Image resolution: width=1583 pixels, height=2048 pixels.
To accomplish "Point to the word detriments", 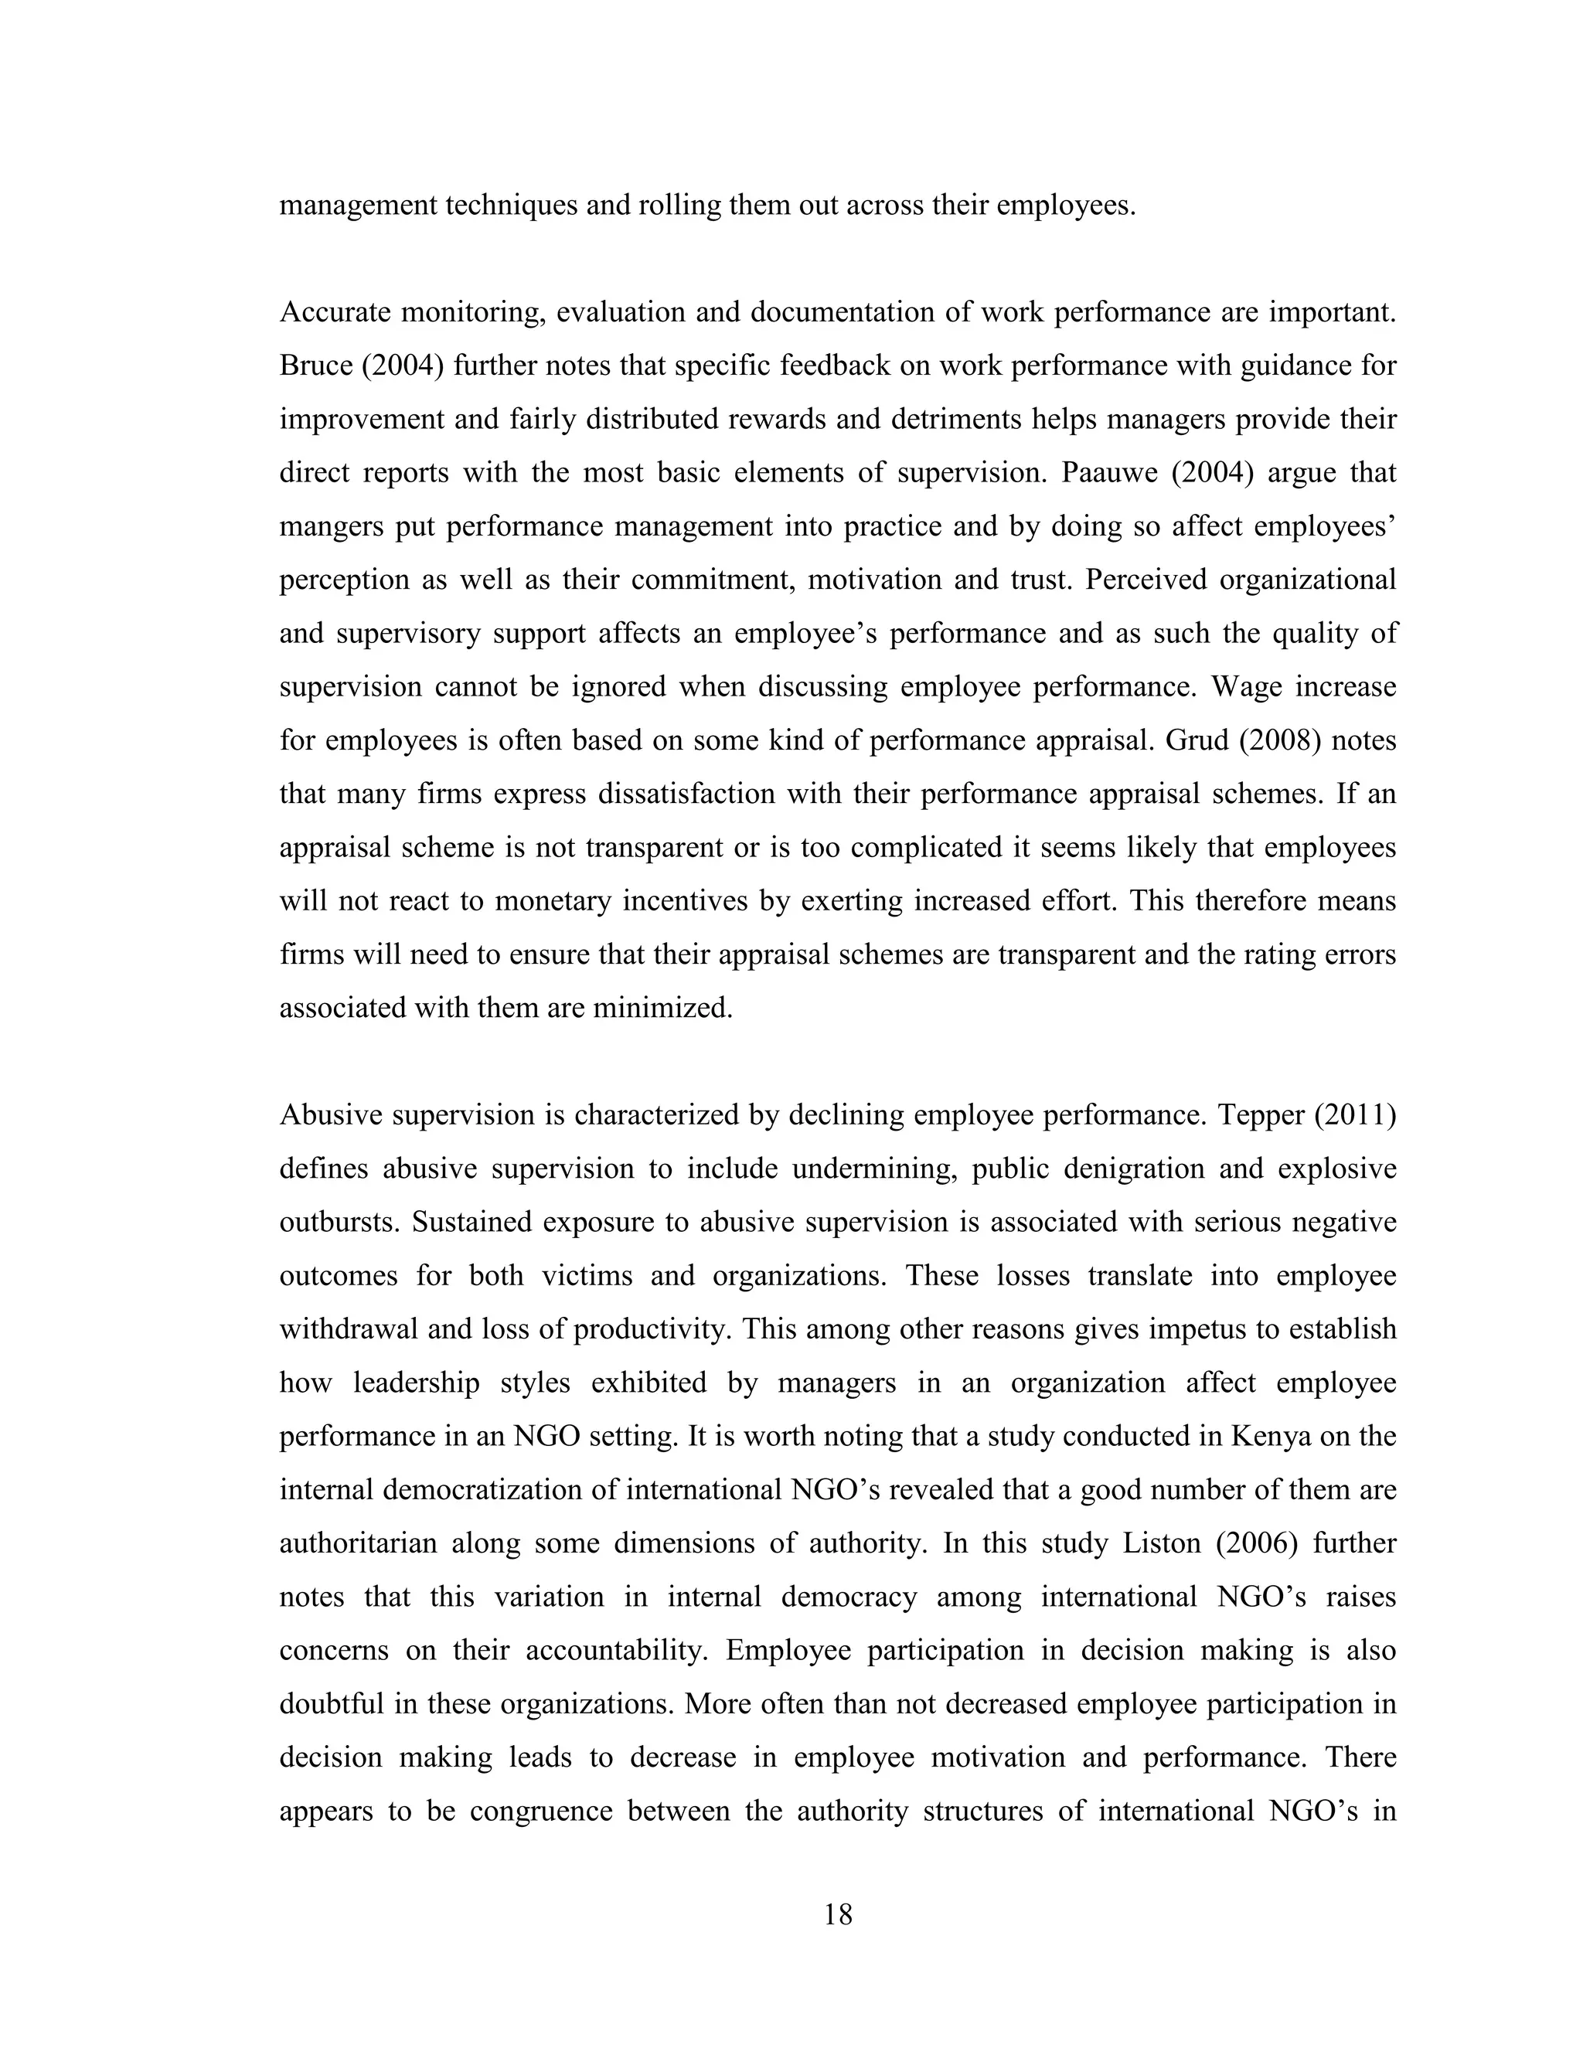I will (955, 419).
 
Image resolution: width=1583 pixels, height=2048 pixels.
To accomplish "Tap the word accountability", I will (614, 1652).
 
